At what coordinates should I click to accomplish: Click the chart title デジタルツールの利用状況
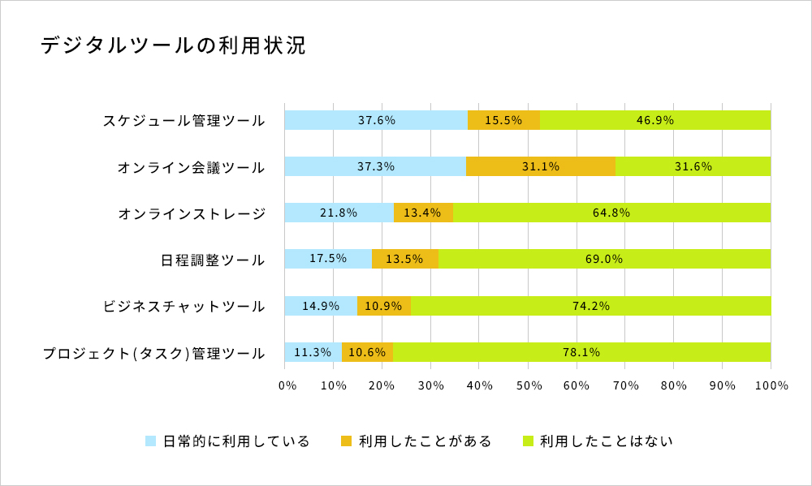pyautogui.click(x=173, y=45)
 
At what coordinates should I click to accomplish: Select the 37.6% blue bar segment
pyautogui.click(x=376, y=120)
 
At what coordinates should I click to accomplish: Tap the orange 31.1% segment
pyautogui.click(x=541, y=166)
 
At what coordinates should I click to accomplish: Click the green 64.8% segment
pyautogui.click(x=611, y=213)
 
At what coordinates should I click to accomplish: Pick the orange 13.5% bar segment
pyautogui.click(x=404, y=259)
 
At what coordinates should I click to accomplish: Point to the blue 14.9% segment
pyautogui.click(x=321, y=306)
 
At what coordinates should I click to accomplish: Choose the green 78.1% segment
pyautogui.click(x=581, y=352)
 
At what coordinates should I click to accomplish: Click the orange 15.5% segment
pyautogui.click(x=503, y=120)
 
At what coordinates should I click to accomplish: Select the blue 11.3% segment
pyautogui.click(x=313, y=352)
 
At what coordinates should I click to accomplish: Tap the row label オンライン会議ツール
pyautogui.click(x=191, y=168)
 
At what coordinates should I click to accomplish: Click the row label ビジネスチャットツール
pyautogui.click(x=184, y=307)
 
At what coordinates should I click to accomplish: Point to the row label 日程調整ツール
pyautogui.click(x=213, y=260)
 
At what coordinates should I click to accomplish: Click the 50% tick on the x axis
pyautogui.click(x=528, y=385)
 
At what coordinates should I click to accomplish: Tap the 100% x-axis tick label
pyautogui.click(x=771, y=385)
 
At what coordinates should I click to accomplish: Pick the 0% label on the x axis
pyautogui.click(x=287, y=385)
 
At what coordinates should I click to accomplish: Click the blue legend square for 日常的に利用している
pyautogui.click(x=150, y=441)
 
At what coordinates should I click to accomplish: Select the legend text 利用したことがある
pyautogui.click(x=425, y=441)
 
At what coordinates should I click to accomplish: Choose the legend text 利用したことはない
pyautogui.click(x=607, y=441)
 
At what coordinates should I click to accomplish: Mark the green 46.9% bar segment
pyautogui.click(x=655, y=120)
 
